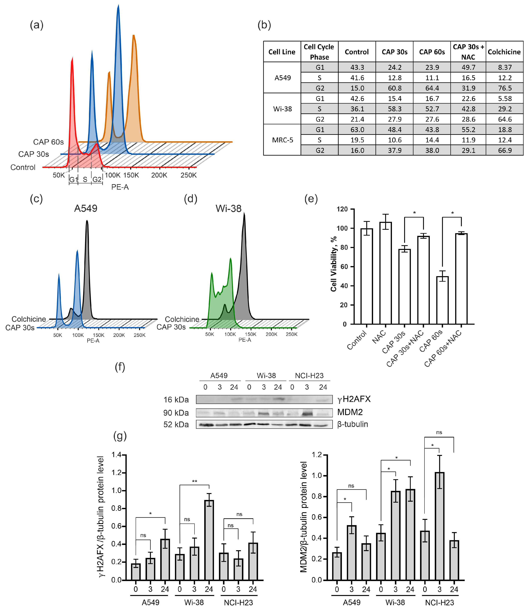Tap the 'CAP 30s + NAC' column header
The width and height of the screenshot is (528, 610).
pos(468,52)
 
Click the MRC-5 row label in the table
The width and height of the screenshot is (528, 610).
pos(282,140)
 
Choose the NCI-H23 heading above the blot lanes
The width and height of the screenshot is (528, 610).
pos(309,376)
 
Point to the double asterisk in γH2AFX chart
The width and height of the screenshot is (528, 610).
pos(195,482)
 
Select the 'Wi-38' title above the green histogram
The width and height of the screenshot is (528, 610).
pos(228,209)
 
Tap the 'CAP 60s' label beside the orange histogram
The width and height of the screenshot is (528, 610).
pos(48,142)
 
